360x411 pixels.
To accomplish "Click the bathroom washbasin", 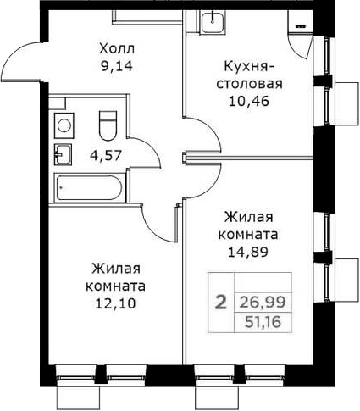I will coord(62,154).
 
